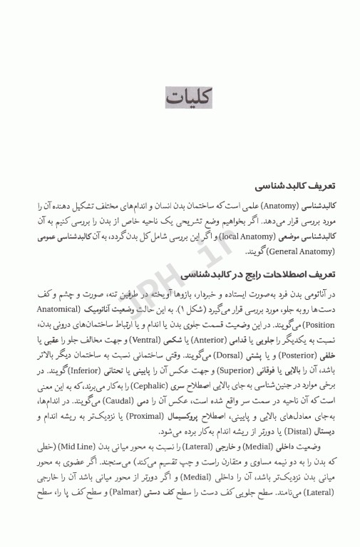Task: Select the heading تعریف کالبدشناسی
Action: pyautogui.click(x=277, y=183)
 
